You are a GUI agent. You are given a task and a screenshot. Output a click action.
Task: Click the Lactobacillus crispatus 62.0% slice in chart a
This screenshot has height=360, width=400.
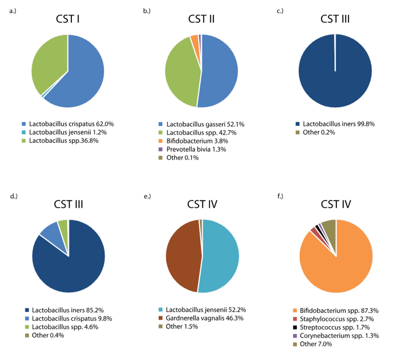[83, 78]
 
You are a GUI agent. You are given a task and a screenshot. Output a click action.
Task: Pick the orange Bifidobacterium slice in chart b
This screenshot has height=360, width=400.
[194, 40]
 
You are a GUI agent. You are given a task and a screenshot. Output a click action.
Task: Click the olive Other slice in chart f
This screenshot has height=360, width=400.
[329, 227]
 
